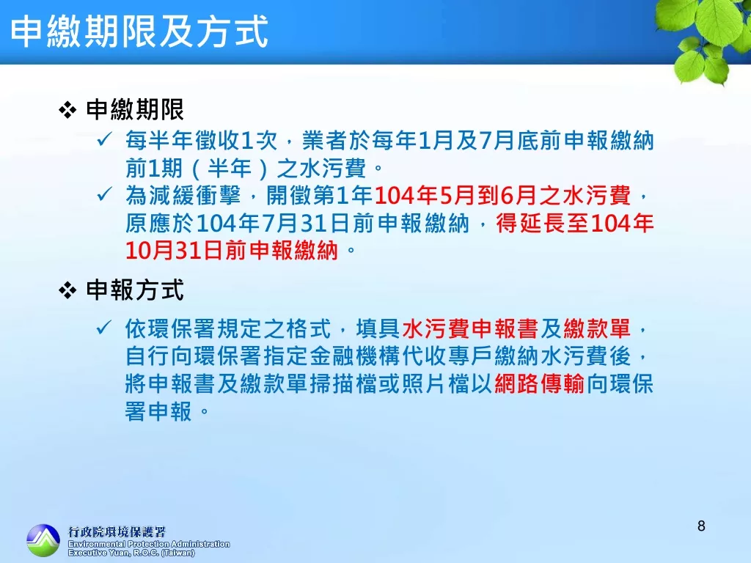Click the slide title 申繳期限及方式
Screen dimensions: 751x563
click(139, 32)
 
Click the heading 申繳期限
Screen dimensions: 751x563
click(135, 110)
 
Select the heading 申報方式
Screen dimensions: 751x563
click(135, 290)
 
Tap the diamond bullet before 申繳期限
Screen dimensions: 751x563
click(67, 111)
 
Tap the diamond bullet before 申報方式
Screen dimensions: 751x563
click(67, 290)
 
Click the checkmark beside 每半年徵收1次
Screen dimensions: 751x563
click(104, 139)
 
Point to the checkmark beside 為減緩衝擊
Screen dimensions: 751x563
click(104, 194)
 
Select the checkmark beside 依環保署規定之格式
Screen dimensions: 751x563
click(104, 328)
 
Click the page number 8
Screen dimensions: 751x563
click(701, 526)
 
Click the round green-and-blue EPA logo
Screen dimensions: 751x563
click(43, 540)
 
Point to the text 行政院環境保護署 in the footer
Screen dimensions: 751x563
click(117, 532)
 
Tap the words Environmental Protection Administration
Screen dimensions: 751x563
click(149, 544)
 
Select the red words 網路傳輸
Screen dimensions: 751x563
click(539, 384)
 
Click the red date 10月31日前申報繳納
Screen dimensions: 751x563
click(232, 251)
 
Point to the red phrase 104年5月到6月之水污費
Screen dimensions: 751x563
click(502, 195)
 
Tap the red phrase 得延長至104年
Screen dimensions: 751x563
click(575, 223)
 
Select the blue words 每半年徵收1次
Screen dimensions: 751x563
click(202, 141)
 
